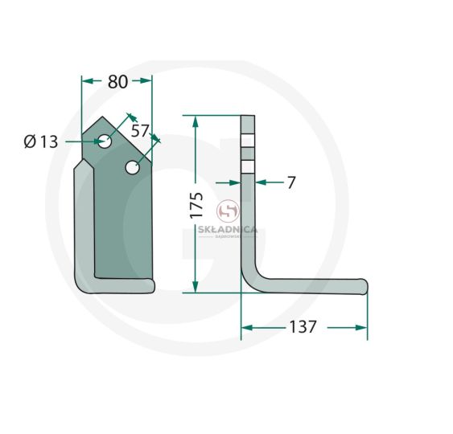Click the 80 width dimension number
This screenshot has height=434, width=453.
click(x=117, y=82)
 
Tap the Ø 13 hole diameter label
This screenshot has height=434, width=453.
click(x=41, y=141)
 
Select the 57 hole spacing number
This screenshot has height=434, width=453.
click(x=140, y=131)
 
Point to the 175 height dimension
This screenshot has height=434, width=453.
click(x=197, y=205)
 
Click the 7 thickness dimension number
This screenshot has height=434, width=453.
click(x=292, y=182)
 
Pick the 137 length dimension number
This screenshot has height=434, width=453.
click(x=303, y=327)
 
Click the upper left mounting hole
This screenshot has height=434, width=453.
click(x=105, y=141)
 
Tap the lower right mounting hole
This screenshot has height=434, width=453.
click(x=133, y=167)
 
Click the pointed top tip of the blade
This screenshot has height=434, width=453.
click(x=102, y=117)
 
